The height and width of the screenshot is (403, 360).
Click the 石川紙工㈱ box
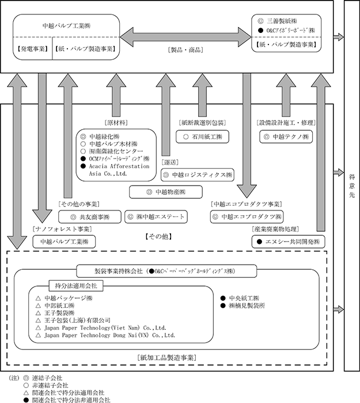pyautogui.click(x=202, y=137)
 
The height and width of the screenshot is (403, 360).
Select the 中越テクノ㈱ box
pyautogui.click(x=286, y=137)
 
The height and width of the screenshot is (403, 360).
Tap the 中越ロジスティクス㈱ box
pyautogui.click(x=198, y=175)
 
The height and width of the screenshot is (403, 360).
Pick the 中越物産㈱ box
pyautogui.click(x=166, y=192)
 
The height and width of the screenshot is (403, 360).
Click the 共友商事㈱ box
pyautogui.click(x=90, y=217)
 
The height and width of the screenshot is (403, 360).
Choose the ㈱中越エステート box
pyautogui.click(x=156, y=217)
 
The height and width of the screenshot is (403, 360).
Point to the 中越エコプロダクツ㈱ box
pyautogui.click(x=247, y=217)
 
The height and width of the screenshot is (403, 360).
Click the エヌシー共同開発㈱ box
pyautogui.click(x=289, y=242)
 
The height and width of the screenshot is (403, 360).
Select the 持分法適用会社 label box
pyautogui.click(x=76, y=286)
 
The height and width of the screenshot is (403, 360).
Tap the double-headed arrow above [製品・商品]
pyautogui.click(x=185, y=37)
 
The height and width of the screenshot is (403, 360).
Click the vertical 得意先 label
pyautogui.click(x=352, y=186)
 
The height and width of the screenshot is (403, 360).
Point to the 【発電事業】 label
pyautogui.click(x=33, y=49)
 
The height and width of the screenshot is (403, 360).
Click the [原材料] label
pyautogui.click(x=116, y=123)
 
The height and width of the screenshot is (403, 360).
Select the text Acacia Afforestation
pyautogui.click(x=119, y=166)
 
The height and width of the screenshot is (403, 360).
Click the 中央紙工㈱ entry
pyautogui.click(x=240, y=298)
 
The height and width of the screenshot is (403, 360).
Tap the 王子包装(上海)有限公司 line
pyautogui.click(x=73, y=321)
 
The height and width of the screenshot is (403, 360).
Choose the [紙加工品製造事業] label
pyautogui.click(x=167, y=358)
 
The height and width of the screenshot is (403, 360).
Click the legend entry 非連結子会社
pyautogui.click(x=46, y=386)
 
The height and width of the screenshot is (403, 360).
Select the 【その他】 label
pyautogui.click(x=158, y=236)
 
